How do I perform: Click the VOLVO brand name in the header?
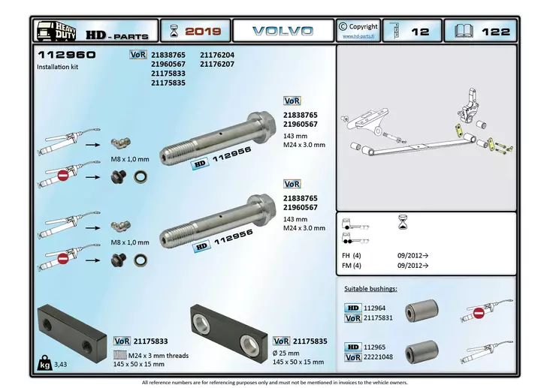[x=283, y=31]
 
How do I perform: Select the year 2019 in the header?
[x=203, y=32]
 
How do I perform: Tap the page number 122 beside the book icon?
[x=496, y=32]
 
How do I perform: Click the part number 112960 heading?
[x=66, y=56]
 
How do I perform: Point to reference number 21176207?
[x=217, y=65]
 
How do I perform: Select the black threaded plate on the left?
[x=72, y=333]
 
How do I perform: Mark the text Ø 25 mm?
[x=286, y=353]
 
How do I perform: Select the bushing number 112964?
[x=374, y=308]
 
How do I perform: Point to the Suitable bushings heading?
[x=371, y=288]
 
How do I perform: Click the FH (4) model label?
[x=352, y=255]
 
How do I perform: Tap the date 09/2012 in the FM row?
[x=412, y=265]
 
